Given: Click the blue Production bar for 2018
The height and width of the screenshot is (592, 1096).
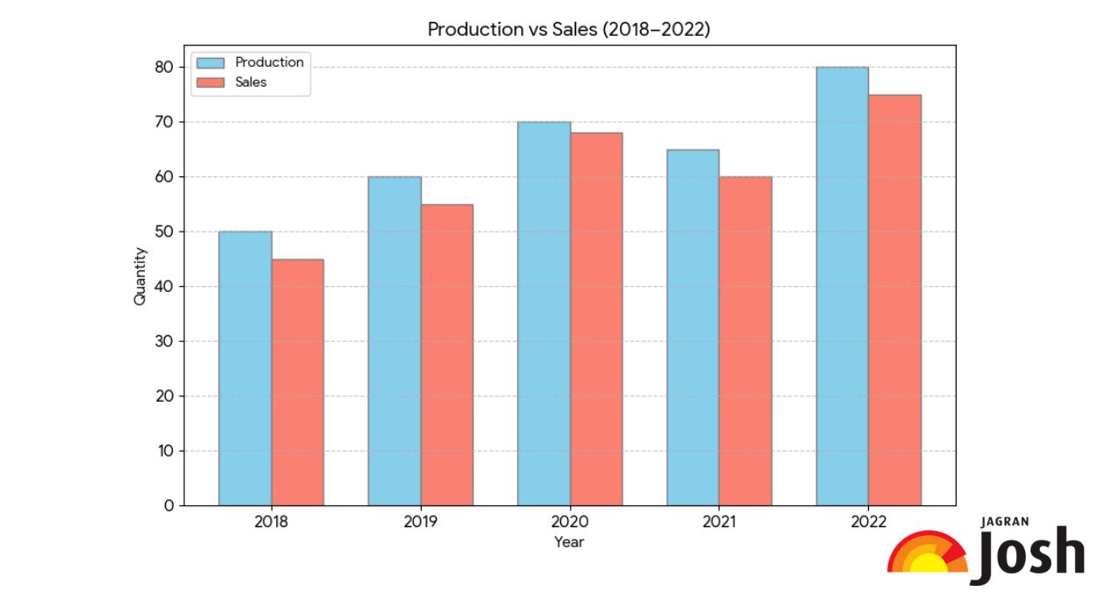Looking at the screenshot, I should pyautogui.click(x=245, y=368).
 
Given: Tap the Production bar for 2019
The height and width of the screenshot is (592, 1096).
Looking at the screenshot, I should pyautogui.click(x=394, y=341).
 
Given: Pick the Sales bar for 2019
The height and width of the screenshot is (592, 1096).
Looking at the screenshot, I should pyautogui.click(x=446, y=355).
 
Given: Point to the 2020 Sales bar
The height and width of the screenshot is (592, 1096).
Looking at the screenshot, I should pyautogui.click(x=596, y=319).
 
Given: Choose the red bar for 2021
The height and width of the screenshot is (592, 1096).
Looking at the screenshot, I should pyautogui.click(x=745, y=341).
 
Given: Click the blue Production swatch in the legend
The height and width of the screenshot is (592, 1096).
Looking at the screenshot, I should pyautogui.click(x=210, y=63).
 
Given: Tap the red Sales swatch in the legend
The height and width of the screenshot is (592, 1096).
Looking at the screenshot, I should pyautogui.click(x=210, y=82).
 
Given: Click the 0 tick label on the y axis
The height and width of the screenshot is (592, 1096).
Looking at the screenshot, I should pyautogui.click(x=168, y=506).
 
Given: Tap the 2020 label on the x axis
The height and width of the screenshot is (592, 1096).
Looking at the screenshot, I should pyautogui.click(x=569, y=522).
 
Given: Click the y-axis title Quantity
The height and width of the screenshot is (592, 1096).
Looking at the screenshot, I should pyautogui.click(x=140, y=276).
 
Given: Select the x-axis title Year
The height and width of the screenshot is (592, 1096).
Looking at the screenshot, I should pyautogui.click(x=569, y=542).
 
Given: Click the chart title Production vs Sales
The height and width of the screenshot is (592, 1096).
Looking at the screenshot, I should pyautogui.click(x=568, y=29).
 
